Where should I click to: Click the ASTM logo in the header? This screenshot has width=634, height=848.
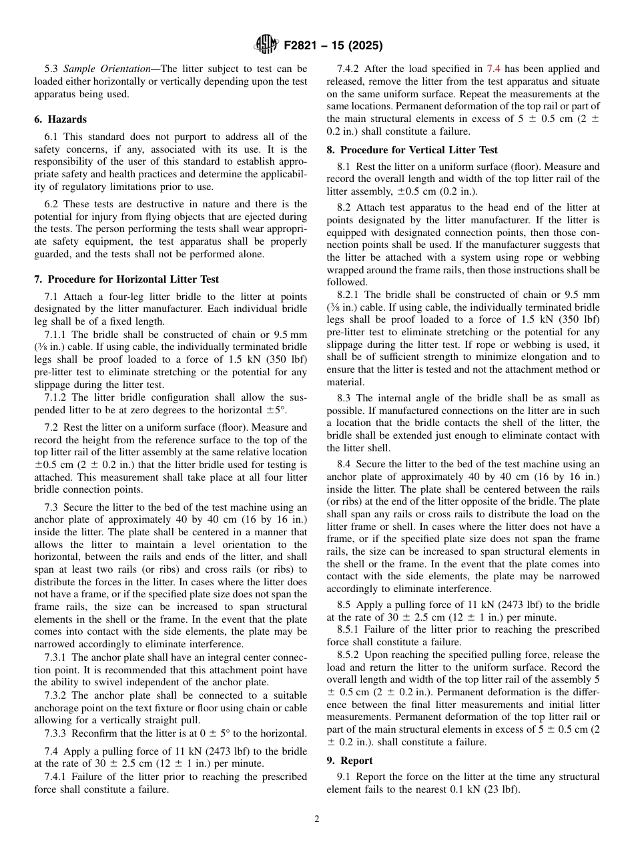coord(267,46)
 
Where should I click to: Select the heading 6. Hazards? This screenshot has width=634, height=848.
coord(61,119)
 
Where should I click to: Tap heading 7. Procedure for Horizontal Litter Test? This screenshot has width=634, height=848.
coord(126,279)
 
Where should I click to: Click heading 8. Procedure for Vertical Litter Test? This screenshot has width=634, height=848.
coord(412,150)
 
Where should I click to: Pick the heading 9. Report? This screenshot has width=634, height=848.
coord(350,761)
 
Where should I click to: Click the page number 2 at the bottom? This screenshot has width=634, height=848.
coord(317,819)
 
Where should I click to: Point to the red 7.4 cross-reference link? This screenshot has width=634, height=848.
coord(493,69)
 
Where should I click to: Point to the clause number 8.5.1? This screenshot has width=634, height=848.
coord(349,629)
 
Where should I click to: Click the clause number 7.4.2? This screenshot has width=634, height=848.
coord(349,69)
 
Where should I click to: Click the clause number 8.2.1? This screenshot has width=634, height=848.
coord(349,295)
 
